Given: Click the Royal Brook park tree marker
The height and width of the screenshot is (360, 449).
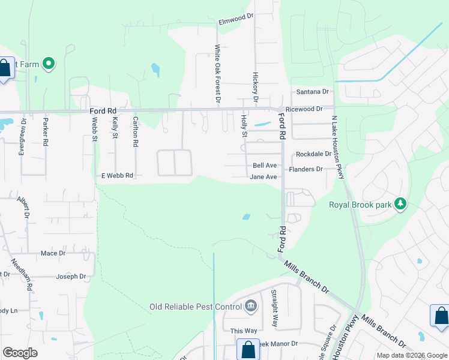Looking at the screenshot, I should [x=399, y=205].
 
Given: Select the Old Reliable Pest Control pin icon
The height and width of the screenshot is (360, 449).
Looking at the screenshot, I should [x=251, y=307].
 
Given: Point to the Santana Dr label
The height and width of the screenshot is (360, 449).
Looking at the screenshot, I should [x=313, y=92].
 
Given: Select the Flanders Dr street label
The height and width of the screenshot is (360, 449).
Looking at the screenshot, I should [x=306, y=169].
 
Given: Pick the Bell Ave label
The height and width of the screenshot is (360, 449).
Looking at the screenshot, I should [x=265, y=165].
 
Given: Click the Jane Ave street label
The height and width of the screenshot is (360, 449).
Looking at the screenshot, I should [x=264, y=177].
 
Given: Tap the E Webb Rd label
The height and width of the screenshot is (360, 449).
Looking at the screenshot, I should [x=117, y=175].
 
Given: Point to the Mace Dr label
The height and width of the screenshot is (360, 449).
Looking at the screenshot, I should [x=53, y=253].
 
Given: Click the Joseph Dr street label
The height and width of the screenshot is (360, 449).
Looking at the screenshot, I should [x=71, y=277].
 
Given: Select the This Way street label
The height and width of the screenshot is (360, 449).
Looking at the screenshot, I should [x=244, y=331].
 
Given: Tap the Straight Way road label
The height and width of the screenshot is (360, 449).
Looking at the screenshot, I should [x=274, y=308].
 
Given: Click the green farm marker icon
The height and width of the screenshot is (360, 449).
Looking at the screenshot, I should [x=48, y=63].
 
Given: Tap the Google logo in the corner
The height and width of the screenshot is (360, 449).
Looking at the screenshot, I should [x=20, y=353].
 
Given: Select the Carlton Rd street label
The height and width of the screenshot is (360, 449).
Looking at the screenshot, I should [x=136, y=132].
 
